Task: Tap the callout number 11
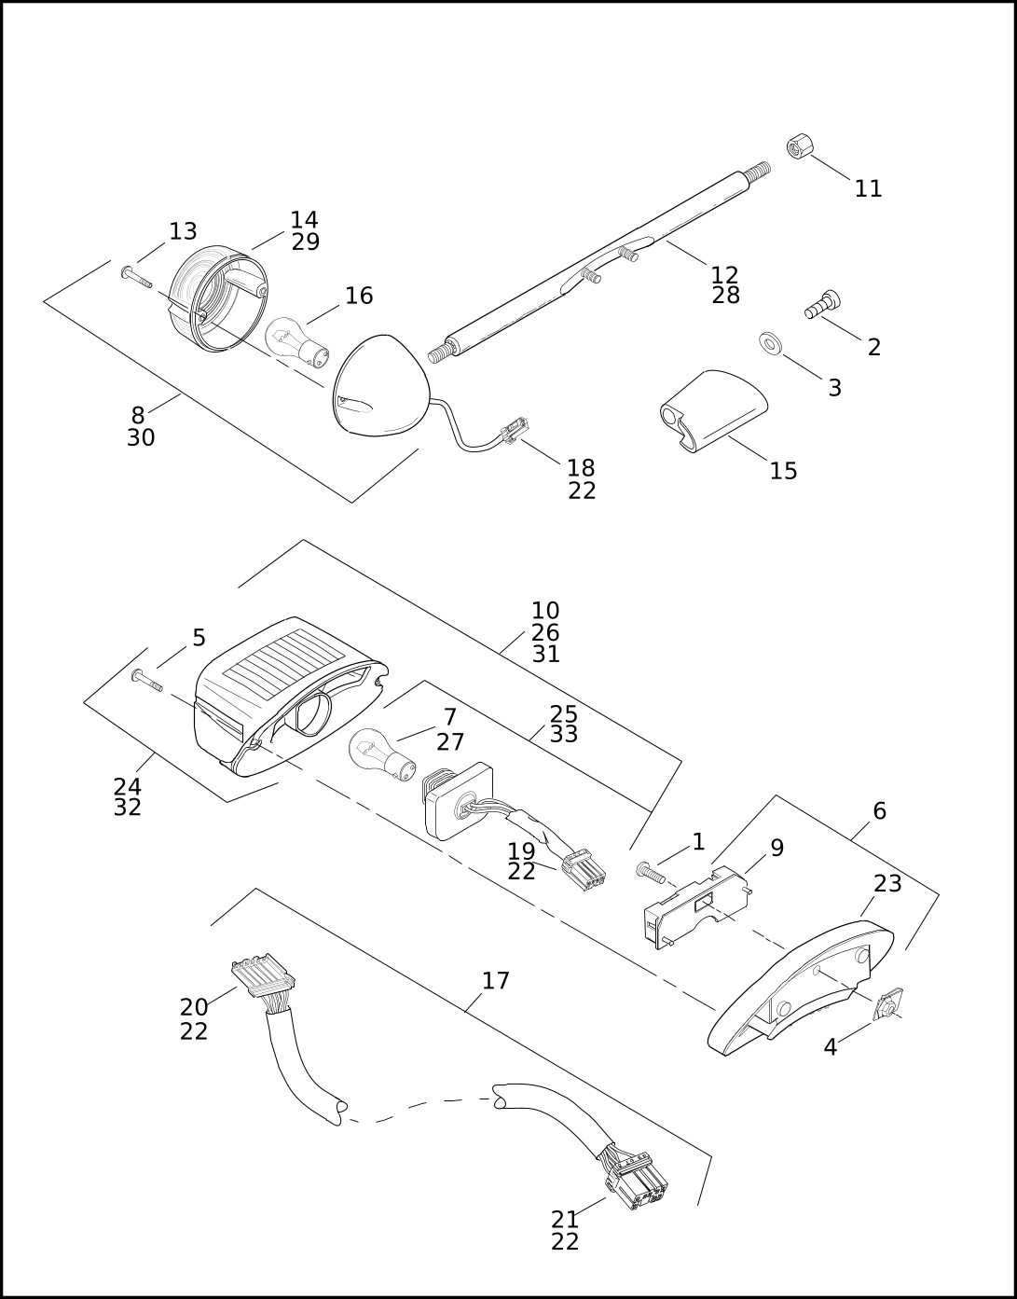click(x=868, y=189)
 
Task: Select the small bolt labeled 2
click(x=821, y=304)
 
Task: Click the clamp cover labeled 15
click(x=713, y=411)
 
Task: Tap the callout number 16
click(x=359, y=296)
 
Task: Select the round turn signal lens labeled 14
click(x=219, y=299)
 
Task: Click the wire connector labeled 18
click(x=515, y=431)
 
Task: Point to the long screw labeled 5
click(x=147, y=681)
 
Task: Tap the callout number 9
click(x=776, y=848)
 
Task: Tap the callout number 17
click(x=495, y=981)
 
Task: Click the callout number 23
click(x=887, y=883)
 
